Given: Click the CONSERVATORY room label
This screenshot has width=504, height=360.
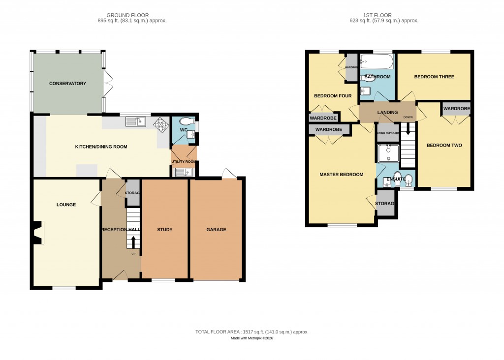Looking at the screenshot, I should click(67, 84).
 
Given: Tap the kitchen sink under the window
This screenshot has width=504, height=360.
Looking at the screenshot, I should click(136, 121).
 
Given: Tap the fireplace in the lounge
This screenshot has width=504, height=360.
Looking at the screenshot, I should click(37, 233).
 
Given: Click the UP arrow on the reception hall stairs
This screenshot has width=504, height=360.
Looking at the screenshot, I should click(133, 241).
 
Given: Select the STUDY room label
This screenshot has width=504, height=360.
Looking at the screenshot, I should click(164, 230).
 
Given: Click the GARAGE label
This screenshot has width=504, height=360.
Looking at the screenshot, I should click(216, 230).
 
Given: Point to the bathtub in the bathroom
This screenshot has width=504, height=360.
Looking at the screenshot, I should click(377, 61).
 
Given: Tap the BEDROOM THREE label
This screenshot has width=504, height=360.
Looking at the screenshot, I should click(434, 77).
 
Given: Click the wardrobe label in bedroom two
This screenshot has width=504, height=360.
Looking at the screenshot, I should click(456, 109).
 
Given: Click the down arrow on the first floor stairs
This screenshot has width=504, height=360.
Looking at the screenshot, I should click(408, 130).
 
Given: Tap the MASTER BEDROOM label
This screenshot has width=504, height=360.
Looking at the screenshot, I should click(341, 175).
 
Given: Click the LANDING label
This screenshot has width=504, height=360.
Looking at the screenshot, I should click(387, 113).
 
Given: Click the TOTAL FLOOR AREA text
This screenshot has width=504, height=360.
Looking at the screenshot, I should click(252, 332).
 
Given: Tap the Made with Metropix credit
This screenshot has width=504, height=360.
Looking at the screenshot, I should click(252, 338).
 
